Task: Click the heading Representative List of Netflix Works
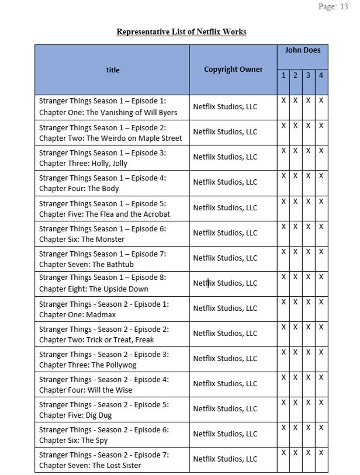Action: (181, 32)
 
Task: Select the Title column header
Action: (112, 70)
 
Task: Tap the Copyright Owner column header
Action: (233, 69)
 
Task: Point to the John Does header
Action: (303, 50)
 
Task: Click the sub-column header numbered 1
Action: (283, 75)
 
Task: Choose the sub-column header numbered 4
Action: (321, 75)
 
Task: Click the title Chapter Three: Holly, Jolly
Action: (83, 164)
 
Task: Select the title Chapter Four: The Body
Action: (79, 189)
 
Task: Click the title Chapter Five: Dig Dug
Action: (75, 415)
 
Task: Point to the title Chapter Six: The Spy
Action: (73, 441)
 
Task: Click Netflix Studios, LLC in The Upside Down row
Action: (225, 283)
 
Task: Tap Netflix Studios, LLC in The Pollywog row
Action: (225, 359)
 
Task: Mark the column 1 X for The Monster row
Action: (283, 227)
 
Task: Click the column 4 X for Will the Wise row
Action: (321, 377)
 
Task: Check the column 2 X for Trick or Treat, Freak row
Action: (295, 327)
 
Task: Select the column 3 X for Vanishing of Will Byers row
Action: (308, 100)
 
